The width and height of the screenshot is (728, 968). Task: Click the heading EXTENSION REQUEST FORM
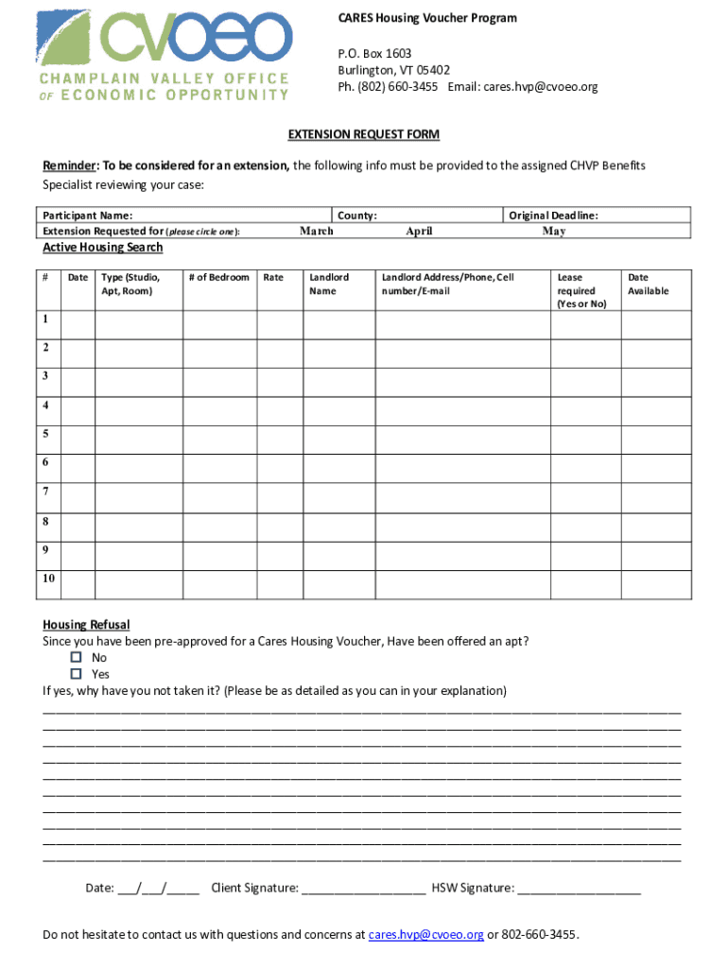(364, 135)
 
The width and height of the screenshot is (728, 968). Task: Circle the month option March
(317, 231)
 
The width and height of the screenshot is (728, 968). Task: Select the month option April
(419, 231)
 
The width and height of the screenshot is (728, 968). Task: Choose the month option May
(554, 231)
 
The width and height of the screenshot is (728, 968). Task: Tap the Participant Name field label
(81, 216)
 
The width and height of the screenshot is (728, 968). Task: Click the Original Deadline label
(553, 216)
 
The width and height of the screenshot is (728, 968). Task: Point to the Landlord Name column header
(329, 284)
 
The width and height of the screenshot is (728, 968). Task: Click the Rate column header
(273, 277)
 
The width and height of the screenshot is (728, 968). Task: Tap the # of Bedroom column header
(218, 277)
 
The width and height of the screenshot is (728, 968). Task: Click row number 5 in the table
(46, 434)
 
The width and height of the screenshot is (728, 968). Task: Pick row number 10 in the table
(48, 578)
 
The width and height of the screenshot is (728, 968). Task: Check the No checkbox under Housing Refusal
(77, 658)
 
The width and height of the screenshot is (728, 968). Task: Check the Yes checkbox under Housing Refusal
(77, 674)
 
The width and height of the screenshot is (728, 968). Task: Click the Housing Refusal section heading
(86, 625)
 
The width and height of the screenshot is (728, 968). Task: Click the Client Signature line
(364, 889)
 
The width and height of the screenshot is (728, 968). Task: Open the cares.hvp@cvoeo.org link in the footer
(425, 935)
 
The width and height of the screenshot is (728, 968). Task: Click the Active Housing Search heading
(103, 248)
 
